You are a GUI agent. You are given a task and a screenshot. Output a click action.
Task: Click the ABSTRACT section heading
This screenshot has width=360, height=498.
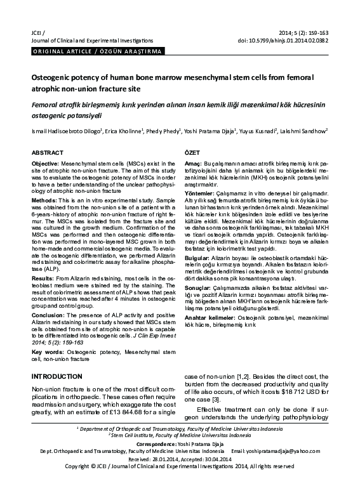(x=48, y=154)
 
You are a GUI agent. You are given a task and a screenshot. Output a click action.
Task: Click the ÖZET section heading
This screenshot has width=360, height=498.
(x=192, y=154)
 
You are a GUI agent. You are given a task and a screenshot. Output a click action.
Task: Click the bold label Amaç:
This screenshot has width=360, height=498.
(x=193, y=164)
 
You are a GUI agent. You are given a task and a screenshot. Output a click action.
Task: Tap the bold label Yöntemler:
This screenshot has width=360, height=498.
(x=200, y=193)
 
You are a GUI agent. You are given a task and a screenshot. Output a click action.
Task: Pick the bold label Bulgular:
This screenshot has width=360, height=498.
(x=198, y=259)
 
